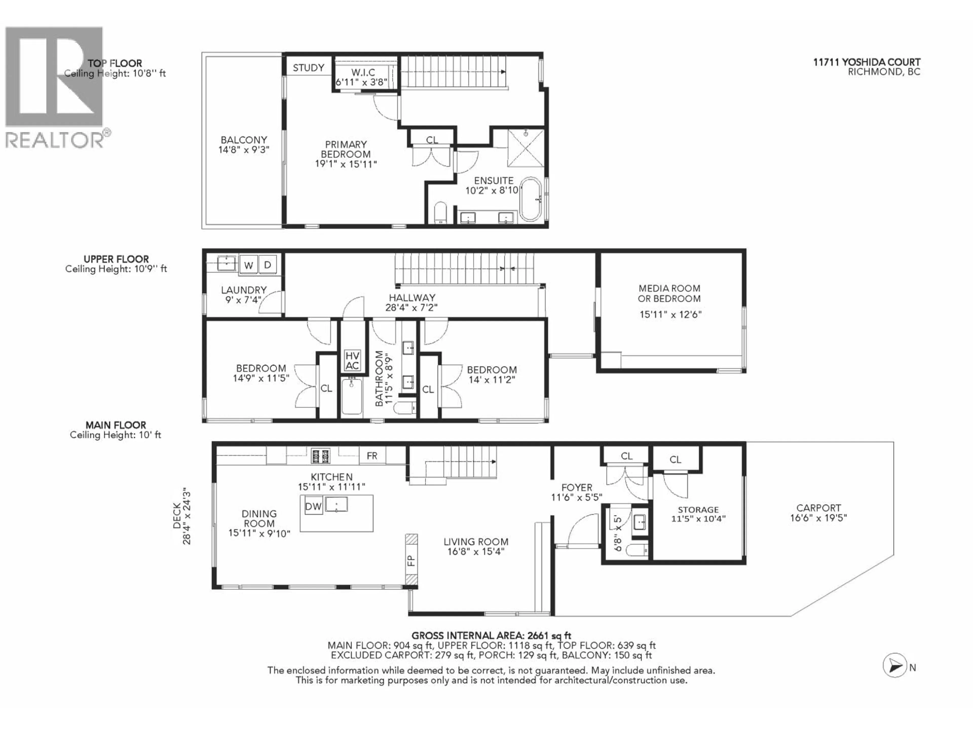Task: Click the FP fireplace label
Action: click(x=411, y=560)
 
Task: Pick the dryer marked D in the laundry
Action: click(x=267, y=265)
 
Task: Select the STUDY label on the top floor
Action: click(x=308, y=68)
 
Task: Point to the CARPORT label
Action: click(x=819, y=507)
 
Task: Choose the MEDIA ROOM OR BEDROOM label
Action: click(x=669, y=294)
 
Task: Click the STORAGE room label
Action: click(x=698, y=509)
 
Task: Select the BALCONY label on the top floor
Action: click(x=244, y=140)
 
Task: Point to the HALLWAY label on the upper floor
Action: click(x=412, y=298)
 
